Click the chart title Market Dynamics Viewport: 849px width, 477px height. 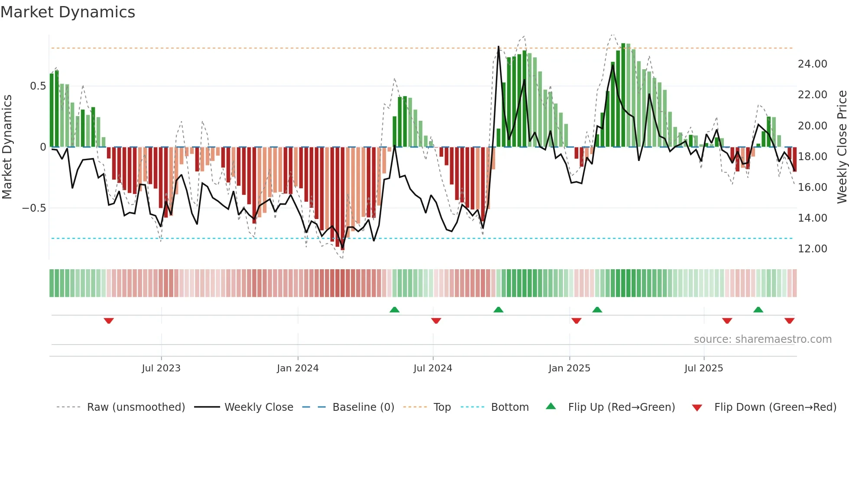[x=68, y=12]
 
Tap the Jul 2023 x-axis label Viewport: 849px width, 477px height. [x=161, y=368]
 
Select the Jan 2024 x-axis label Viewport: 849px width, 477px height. [x=298, y=368]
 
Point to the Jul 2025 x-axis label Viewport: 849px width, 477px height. [x=703, y=368]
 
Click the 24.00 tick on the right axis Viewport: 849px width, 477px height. [x=812, y=64]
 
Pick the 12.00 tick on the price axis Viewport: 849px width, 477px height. [x=812, y=249]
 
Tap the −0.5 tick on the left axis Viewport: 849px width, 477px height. [x=34, y=208]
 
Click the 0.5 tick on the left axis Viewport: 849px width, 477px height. [x=38, y=86]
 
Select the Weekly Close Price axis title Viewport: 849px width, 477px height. [x=842, y=147]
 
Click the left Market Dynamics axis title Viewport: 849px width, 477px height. [x=7, y=147]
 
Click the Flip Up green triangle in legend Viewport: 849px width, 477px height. [x=551, y=406]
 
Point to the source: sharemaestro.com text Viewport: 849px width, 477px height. [x=762, y=339]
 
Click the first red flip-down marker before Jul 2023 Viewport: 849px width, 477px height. [x=109, y=321]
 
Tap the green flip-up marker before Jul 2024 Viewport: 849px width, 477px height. [x=394, y=309]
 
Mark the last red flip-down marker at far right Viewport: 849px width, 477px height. [x=789, y=321]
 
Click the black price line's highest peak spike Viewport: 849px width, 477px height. [x=499, y=47]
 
